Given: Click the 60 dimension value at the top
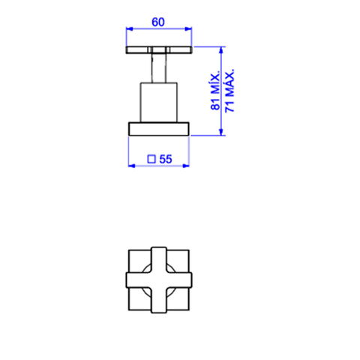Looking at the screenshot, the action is click(158, 22).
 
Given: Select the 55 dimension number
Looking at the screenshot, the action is click(166, 159).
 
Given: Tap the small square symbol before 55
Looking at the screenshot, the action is click(151, 159).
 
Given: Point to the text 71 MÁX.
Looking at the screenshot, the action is click(229, 90).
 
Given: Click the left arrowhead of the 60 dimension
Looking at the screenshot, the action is click(130, 28).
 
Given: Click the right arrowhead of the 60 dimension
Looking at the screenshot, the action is click(188, 28).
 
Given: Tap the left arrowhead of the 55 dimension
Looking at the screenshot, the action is click(132, 166).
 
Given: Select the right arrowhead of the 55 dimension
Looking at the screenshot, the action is click(186, 166).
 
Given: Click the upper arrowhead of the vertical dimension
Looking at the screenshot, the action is click(220, 50).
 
